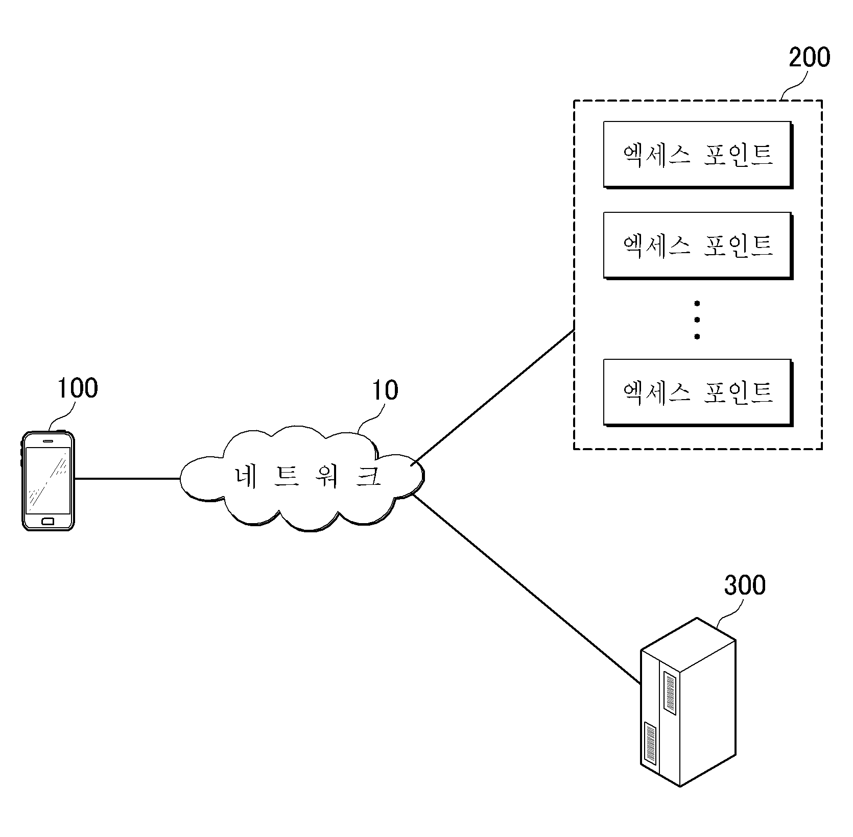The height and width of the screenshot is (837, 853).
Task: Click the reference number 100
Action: pos(77,388)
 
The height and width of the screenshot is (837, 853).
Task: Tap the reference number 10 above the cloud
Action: pos(385,390)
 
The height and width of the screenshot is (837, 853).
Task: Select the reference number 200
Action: pos(810,58)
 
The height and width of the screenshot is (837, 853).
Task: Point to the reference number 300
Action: pos(745,585)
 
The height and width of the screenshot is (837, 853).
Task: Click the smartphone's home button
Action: pos(48,521)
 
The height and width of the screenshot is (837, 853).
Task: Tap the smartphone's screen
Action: pos(48,480)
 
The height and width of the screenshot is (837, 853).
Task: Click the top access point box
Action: pos(698,155)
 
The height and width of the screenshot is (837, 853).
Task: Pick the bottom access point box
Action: pos(698,392)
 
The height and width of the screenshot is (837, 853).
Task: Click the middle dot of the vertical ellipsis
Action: pos(697,320)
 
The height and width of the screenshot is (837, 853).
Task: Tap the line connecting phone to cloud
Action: pos(127,479)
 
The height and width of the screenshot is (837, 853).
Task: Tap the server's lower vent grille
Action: pos(650,743)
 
